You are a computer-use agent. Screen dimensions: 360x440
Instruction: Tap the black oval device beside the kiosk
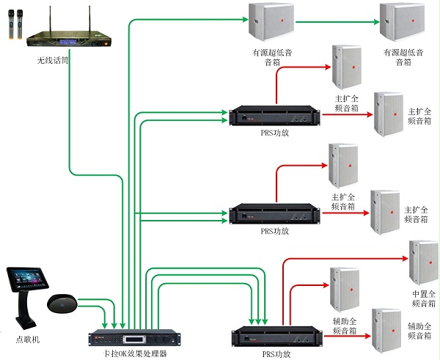click(x=62, y=302)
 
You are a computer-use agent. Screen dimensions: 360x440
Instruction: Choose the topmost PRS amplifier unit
click(x=274, y=117)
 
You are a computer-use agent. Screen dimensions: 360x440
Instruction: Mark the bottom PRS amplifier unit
click(x=274, y=335)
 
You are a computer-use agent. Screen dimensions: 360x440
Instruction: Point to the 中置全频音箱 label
click(x=424, y=298)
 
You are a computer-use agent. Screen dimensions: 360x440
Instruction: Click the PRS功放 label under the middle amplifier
click(x=275, y=231)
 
